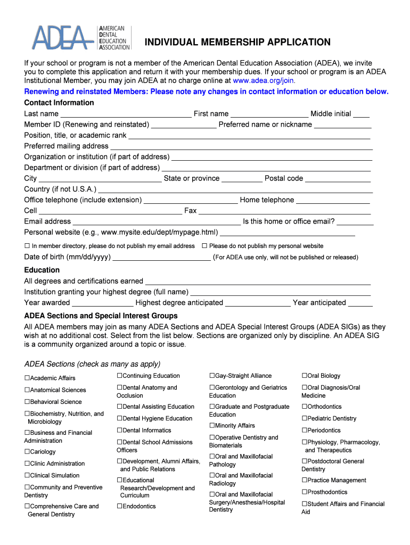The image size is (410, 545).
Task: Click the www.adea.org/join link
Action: (x=264, y=81)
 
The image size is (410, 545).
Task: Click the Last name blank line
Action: (x=126, y=114)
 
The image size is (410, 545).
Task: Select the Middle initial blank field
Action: (x=361, y=114)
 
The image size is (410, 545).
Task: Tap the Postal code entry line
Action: (x=338, y=179)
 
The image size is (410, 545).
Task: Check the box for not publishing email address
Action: (x=27, y=246)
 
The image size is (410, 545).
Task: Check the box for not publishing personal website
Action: (x=204, y=246)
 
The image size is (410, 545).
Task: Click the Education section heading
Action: (x=42, y=270)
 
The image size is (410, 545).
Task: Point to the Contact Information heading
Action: (x=59, y=103)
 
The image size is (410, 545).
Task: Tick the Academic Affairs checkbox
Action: (x=27, y=378)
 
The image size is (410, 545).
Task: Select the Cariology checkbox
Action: (x=27, y=452)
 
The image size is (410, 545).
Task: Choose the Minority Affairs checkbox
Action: (x=212, y=426)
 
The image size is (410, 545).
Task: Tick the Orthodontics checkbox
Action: (x=305, y=407)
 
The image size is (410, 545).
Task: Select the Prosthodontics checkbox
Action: (x=305, y=492)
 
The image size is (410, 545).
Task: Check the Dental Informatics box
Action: (x=120, y=431)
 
